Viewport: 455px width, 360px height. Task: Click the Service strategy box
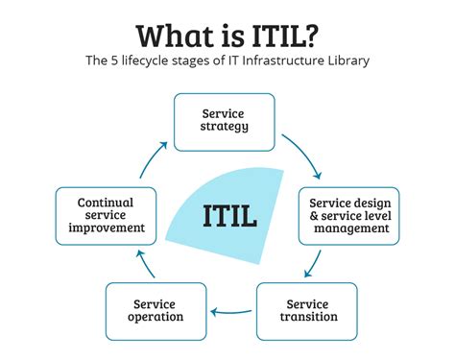[224, 121]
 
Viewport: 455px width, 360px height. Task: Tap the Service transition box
[306, 310]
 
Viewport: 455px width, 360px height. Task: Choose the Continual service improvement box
[106, 215]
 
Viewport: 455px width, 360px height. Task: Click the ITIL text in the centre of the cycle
[229, 215]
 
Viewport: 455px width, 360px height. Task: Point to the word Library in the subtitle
[346, 61]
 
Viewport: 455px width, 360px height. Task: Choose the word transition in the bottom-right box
[306, 317]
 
